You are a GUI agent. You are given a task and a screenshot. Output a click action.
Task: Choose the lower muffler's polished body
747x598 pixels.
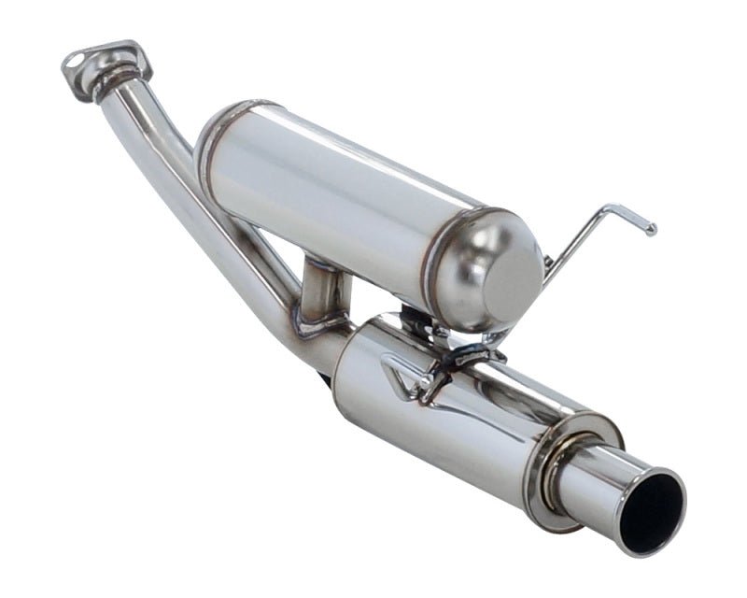tap(439, 420)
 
